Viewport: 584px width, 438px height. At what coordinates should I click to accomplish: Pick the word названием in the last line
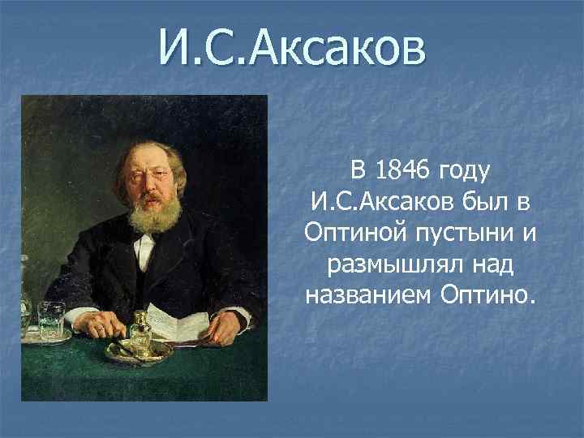coord(369,295)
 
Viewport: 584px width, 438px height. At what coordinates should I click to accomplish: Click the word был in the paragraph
coord(483,202)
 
